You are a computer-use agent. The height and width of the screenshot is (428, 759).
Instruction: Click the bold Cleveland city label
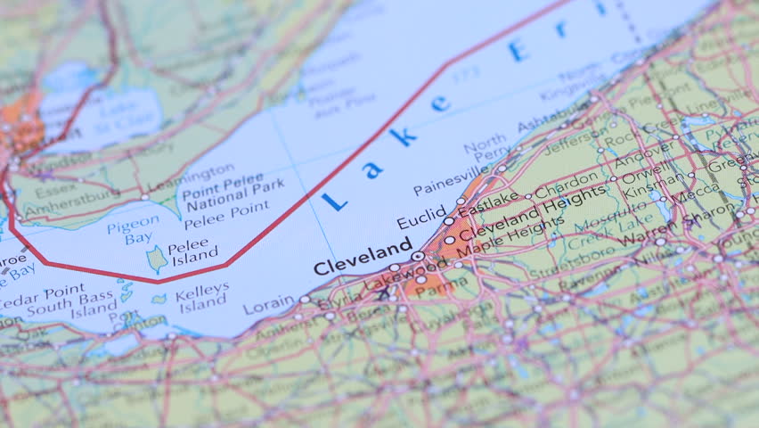[x=362, y=259]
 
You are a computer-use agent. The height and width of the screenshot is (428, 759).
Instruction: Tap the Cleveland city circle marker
[x=417, y=256]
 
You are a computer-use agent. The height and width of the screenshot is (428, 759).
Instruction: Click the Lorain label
[x=267, y=306]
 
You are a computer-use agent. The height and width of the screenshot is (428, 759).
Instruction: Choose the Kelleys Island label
[x=202, y=296]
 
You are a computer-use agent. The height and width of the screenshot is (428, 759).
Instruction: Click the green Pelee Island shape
[x=157, y=258]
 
